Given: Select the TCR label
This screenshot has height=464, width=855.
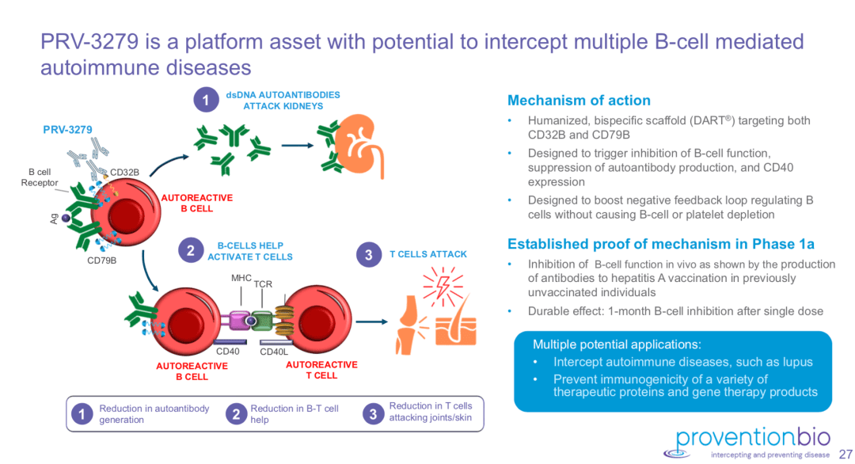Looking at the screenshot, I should pyautogui.click(x=264, y=283).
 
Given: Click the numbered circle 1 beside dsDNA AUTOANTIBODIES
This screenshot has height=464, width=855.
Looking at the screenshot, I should pyautogui.click(x=206, y=101).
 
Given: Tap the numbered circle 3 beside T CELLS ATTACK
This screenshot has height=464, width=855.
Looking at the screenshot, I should pyautogui.click(x=369, y=255).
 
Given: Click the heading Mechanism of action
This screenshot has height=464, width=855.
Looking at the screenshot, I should pyautogui.click(x=579, y=101).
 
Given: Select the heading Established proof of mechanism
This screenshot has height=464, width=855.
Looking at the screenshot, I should pyautogui.click(x=661, y=244).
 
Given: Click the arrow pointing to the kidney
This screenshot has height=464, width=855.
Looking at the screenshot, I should pyautogui.click(x=298, y=145).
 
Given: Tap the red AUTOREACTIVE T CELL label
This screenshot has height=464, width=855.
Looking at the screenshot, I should pyautogui.click(x=321, y=370).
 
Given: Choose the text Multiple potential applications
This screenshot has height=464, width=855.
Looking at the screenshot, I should pyautogui.click(x=616, y=344).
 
